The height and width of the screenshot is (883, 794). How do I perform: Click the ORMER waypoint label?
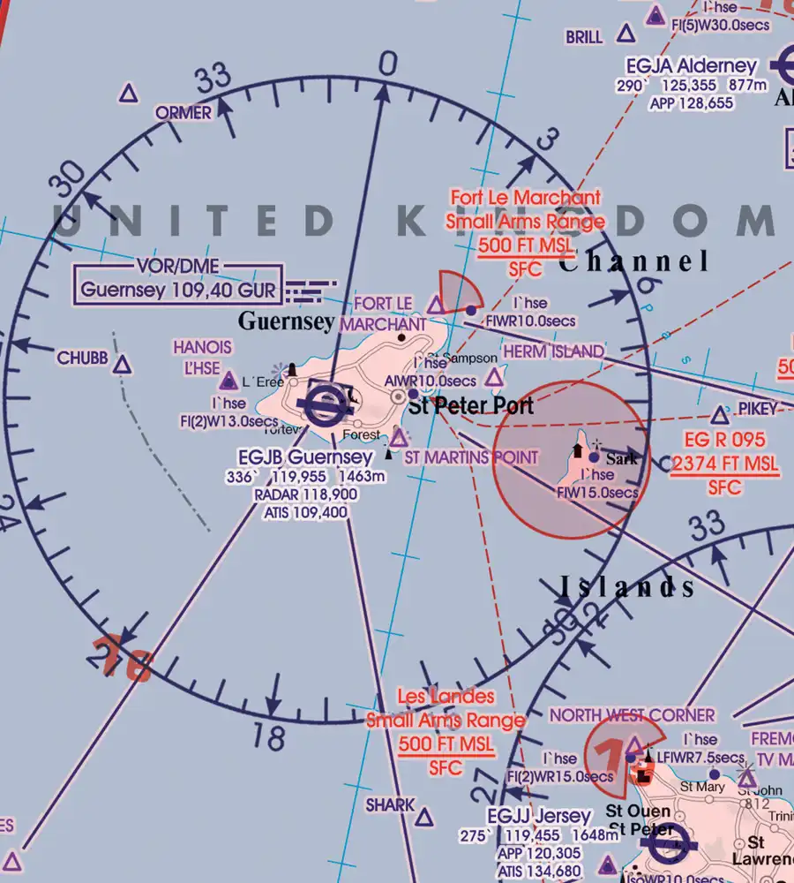pyautogui.click(x=184, y=113)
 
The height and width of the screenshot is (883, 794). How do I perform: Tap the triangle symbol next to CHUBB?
pyautogui.click(x=123, y=364)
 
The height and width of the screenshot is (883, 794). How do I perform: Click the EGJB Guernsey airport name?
pyautogui.click(x=305, y=457)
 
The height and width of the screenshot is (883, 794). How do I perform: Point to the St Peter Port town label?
pyautogui.click(x=471, y=406)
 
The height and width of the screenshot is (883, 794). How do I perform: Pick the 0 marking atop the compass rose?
pyautogui.click(x=387, y=64)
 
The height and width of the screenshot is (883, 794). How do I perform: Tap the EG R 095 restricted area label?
pyautogui.click(x=724, y=440)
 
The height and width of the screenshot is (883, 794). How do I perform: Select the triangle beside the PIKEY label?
pyautogui.click(x=721, y=414)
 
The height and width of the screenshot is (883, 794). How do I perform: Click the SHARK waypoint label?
pyautogui.click(x=390, y=804)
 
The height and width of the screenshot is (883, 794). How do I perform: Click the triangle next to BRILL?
pyautogui.click(x=625, y=34)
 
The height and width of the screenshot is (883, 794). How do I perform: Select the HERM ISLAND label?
pyautogui.click(x=554, y=351)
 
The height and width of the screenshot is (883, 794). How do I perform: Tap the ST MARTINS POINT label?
pyautogui.click(x=471, y=457)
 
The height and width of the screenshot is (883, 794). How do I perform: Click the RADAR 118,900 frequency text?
pyautogui.click(x=305, y=494)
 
